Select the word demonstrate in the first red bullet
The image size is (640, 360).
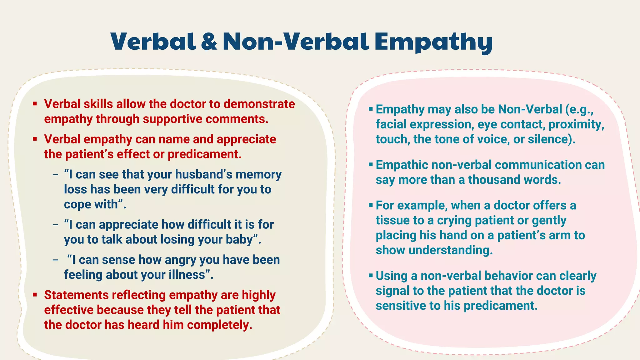tap(259, 104)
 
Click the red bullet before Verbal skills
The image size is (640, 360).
tap(35, 104)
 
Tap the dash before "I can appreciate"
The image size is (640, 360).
tap(56, 224)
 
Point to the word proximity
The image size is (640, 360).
tap(576, 124)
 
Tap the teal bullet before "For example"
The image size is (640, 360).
tap(371, 205)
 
